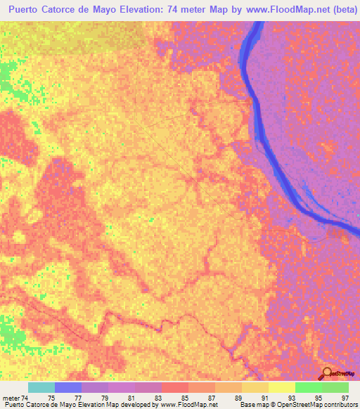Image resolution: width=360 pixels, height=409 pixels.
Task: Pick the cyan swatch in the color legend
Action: click(x=41, y=387)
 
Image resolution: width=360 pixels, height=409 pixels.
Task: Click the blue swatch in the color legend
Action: click(x=68, y=387)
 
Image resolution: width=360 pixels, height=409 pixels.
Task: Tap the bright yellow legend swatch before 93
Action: click(x=281, y=387)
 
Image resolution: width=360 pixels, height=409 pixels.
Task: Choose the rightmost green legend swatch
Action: click(x=335, y=387)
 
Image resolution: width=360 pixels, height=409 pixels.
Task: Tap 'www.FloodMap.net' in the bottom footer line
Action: click(x=188, y=405)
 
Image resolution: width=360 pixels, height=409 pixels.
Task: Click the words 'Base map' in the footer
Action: click(x=251, y=405)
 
